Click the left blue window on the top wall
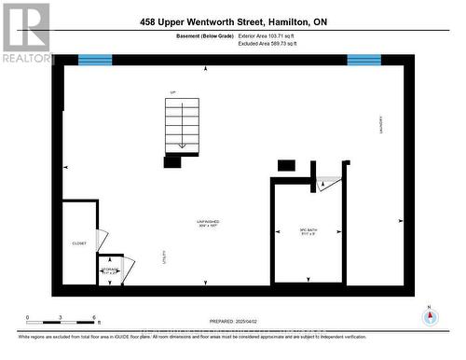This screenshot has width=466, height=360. click(x=94, y=60)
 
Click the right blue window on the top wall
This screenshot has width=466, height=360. click(x=363, y=60)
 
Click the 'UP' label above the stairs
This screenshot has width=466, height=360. click(x=172, y=91)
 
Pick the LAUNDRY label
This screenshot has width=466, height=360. click(x=380, y=125)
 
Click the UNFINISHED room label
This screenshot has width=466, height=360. click(x=207, y=222)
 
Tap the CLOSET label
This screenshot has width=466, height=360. click(x=79, y=243)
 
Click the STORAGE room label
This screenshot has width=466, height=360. click(x=109, y=270)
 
